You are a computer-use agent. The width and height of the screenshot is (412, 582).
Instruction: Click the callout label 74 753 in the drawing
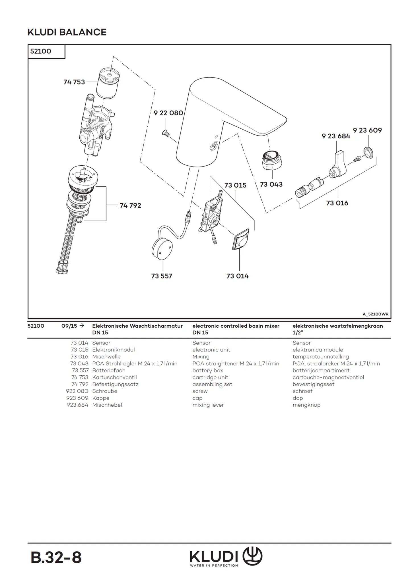tap(74, 82)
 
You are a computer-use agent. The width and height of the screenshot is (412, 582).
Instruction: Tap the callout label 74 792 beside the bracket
tap(130, 205)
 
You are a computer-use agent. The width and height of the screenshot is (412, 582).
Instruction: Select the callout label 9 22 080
tap(168, 113)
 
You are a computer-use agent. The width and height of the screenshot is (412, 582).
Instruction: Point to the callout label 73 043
tap(271, 184)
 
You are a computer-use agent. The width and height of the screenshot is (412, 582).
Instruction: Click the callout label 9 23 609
tap(367, 130)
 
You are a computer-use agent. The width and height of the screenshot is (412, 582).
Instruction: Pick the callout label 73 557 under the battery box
tap(162, 276)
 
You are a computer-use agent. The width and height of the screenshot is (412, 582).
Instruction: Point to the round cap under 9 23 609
tap(369, 152)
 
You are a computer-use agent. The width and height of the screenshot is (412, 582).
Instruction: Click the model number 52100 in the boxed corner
tap(41, 51)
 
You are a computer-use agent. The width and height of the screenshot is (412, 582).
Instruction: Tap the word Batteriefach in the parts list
tap(109, 371)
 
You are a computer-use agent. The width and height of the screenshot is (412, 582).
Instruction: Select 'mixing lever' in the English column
tap(208, 405)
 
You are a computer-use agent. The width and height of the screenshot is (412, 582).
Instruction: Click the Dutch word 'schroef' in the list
tap(302, 391)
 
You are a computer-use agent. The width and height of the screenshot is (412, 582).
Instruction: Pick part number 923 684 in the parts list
tap(77, 405)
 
